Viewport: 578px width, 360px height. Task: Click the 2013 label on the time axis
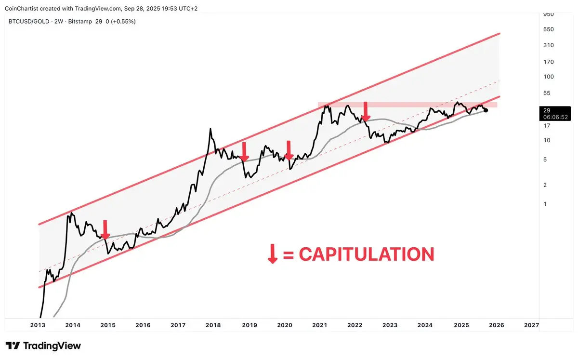[38, 325]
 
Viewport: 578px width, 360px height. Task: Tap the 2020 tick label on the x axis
[284, 325]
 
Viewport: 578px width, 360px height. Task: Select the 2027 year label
[531, 325]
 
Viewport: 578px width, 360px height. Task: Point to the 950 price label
[548, 14]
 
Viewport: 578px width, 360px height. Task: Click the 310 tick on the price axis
[548, 45]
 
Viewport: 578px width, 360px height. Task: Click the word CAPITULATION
[366, 254]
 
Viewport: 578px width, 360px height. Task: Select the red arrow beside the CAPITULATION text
[273, 253]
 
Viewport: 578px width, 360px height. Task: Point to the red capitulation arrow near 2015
[105, 228]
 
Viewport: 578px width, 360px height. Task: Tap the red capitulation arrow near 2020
[289, 150]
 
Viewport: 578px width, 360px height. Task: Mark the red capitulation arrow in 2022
[366, 111]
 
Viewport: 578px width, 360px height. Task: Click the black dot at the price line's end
[486, 110]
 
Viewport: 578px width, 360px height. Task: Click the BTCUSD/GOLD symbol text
[29, 22]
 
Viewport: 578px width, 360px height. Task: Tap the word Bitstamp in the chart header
[82, 22]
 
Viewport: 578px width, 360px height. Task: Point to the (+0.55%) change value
[122, 22]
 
